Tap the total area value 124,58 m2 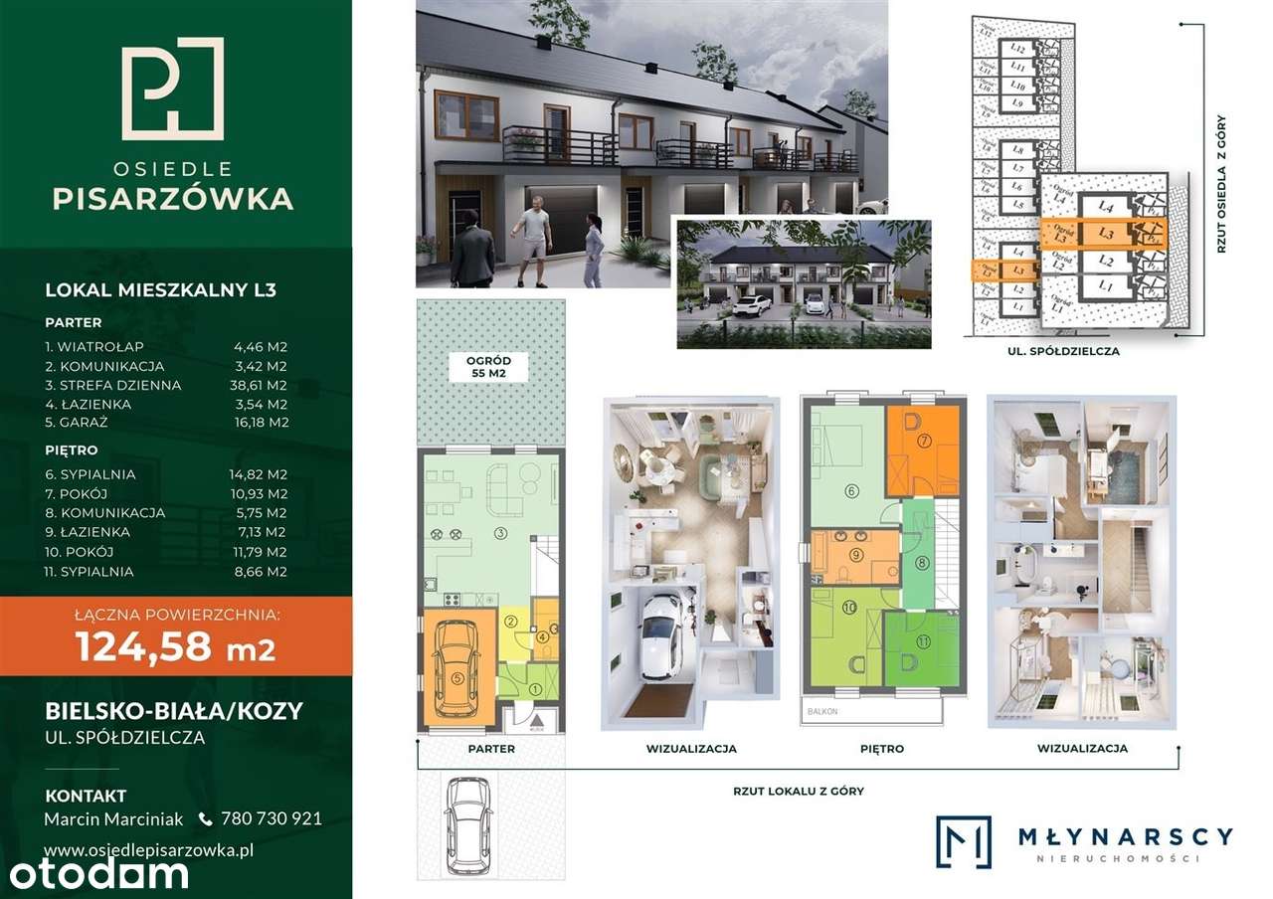click(x=175, y=647)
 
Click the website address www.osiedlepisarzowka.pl click(x=150, y=849)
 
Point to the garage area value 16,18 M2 click(x=258, y=423)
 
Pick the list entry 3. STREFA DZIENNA click(x=112, y=385)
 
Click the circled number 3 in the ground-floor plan click(x=501, y=534)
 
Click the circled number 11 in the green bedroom click(x=922, y=641)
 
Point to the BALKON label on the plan click(x=824, y=712)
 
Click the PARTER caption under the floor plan click(x=491, y=748)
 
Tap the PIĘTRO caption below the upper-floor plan click(x=881, y=748)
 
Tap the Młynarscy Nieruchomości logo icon click(x=964, y=841)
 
